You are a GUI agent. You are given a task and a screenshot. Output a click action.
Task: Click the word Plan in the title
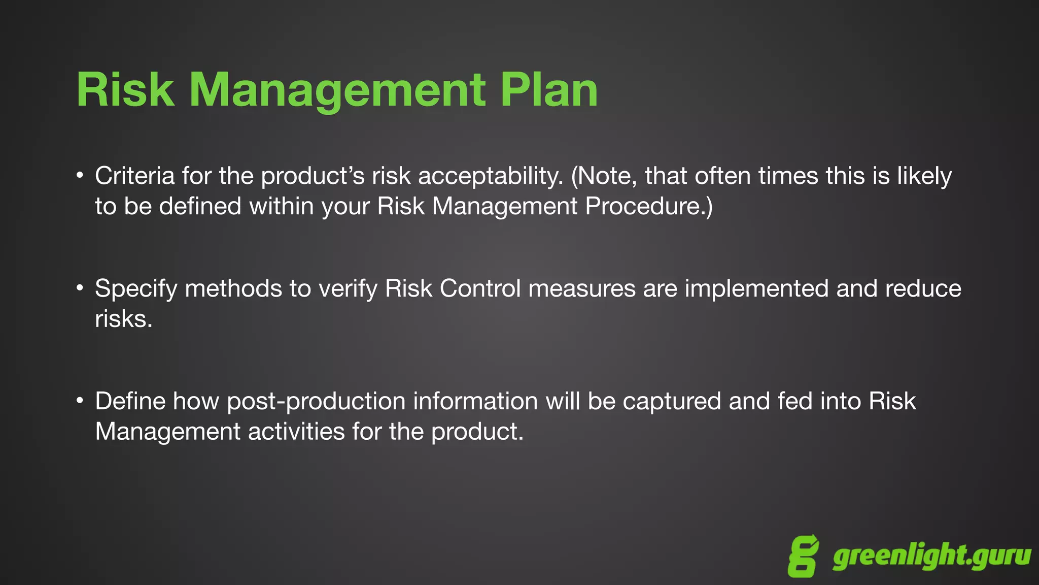[x=549, y=90]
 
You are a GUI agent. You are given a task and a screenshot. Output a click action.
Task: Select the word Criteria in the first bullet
[x=134, y=176]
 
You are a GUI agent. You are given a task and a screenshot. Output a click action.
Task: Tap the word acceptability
[x=491, y=176]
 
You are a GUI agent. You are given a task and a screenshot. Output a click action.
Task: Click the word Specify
[x=136, y=288]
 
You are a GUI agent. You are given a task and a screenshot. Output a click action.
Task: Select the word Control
[x=480, y=288]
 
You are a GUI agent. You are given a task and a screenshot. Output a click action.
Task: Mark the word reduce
[x=923, y=288]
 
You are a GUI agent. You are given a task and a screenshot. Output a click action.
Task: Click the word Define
[x=130, y=401]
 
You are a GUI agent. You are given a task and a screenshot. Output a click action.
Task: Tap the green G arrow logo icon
[x=803, y=556]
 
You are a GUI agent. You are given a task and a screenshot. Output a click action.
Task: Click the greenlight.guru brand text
[x=931, y=557]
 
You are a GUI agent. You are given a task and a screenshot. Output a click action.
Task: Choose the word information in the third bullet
[x=475, y=401]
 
